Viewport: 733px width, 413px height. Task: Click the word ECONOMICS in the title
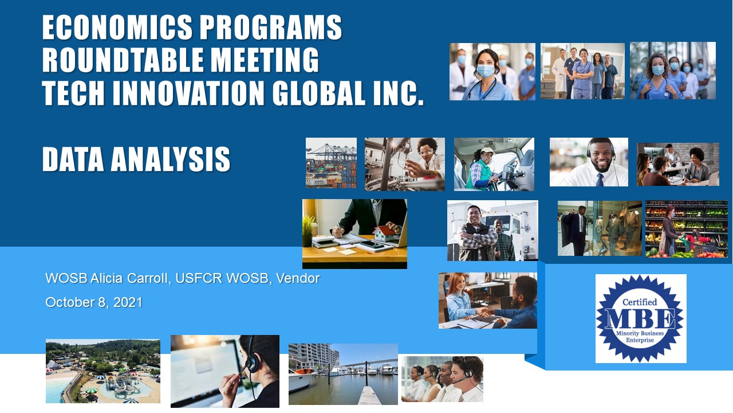pos(117,28)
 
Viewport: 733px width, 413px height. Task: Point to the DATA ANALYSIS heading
pos(136,159)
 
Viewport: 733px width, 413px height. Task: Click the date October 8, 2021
pos(94,302)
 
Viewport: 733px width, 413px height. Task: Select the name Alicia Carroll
pos(130,278)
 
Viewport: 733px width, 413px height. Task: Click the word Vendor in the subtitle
pos(298,278)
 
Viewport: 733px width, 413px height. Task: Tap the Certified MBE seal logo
pos(640,318)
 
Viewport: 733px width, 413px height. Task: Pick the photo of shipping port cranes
pos(331,163)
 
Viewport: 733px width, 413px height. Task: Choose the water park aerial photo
pos(103,371)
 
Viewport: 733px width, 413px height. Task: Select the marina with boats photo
pos(343,374)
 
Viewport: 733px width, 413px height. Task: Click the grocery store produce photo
pos(687,229)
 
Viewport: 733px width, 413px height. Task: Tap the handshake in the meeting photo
pos(481,311)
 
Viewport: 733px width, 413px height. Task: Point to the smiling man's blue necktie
pos(600,180)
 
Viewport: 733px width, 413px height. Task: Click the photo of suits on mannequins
pos(600,228)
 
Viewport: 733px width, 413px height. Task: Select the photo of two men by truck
pos(492,231)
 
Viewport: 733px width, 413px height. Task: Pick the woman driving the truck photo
pos(494,164)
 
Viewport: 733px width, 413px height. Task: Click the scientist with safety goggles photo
pos(405,164)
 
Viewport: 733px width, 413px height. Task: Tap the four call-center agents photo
pos(443,379)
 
